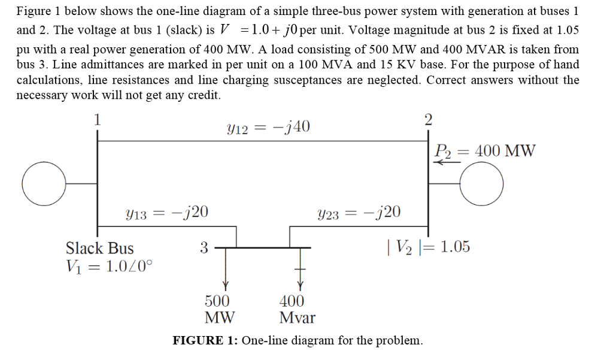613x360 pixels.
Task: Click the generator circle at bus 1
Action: pyautogui.click(x=43, y=183)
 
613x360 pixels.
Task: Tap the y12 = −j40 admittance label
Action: pyautogui.click(x=268, y=126)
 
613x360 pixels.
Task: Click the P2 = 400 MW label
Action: pyautogui.click(x=485, y=150)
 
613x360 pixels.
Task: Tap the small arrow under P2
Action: pyautogui.click(x=444, y=162)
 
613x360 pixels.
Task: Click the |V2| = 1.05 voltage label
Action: pyautogui.click(x=429, y=246)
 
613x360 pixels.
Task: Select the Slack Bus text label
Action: pyautogui.click(x=99, y=248)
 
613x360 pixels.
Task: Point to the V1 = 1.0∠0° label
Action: pyautogui.click(x=108, y=265)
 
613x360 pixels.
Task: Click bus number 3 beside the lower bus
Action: pyautogui.click(x=204, y=247)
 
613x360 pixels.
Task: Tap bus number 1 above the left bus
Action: pyautogui.click(x=96, y=118)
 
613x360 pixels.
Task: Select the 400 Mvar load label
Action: pyautogui.click(x=297, y=308)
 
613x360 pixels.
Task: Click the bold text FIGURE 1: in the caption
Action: pyautogui.click(x=205, y=341)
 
